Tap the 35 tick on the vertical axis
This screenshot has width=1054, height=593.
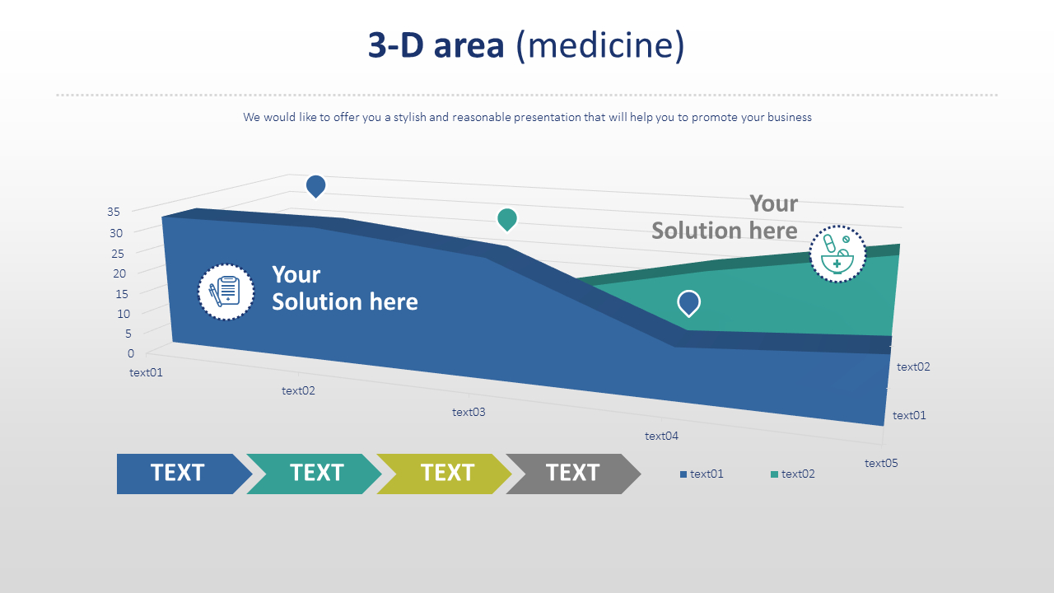(x=114, y=212)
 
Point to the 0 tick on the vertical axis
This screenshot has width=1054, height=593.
(x=131, y=353)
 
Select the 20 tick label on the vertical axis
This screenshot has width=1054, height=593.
(x=119, y=273)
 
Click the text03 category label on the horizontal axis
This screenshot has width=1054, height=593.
(x=469, y=413)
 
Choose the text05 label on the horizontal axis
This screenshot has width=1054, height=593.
(x=881, y=463)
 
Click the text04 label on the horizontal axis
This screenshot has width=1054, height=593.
(x=661, y=437)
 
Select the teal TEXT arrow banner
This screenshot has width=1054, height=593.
(x=314, y=474)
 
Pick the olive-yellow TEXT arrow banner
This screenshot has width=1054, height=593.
(x=444, y=474)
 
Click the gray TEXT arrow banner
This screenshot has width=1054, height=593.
(x=573, y=474)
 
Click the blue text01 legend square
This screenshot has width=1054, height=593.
(x=683, y=474)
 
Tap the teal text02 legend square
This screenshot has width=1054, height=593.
(x=774, y=474)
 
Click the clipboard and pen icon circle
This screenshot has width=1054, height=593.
(x=226, y=292)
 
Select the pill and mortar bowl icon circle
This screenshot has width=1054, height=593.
(x=837, y=254)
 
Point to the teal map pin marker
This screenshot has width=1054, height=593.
(x=507, y=219)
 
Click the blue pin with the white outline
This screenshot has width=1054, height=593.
(x=689, y=303)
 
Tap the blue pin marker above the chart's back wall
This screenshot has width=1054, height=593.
(x=315, y=186)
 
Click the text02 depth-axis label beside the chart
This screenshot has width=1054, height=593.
(x=913, y=367)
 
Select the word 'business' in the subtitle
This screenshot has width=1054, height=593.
(x=790, y=117)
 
